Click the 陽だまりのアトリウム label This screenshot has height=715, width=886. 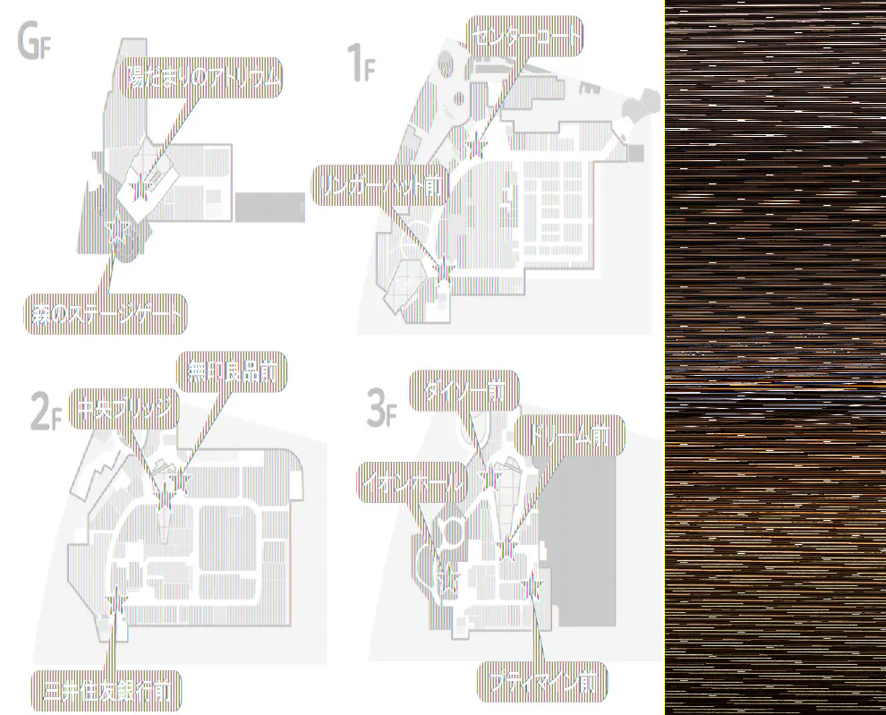pos(202,79)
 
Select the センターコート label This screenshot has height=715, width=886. pos(524,37)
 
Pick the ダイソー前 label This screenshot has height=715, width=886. pos(464,391)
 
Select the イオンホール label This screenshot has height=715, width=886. pos(413,483)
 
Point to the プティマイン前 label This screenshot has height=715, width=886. pos(542,682)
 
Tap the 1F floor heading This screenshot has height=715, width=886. pos(360,64)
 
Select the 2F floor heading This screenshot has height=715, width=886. pos(42,413)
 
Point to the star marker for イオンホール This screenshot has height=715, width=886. pos(447,576)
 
